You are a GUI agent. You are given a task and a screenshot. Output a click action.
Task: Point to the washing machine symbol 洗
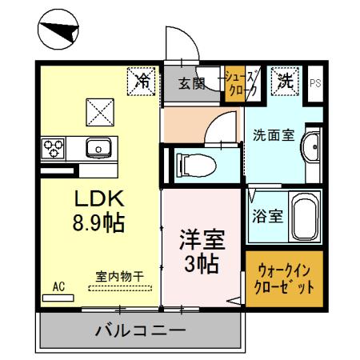coord(286,80)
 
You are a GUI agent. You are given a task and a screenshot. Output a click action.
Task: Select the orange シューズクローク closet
coord(242,84)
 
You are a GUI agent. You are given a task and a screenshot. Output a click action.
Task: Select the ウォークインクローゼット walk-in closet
coord(284,280)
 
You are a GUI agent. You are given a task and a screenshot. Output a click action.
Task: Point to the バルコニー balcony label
coord(140,329)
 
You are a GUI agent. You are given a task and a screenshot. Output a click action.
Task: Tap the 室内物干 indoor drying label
coord(120,277)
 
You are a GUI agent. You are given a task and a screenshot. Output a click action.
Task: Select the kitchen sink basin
coord(100,148)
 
